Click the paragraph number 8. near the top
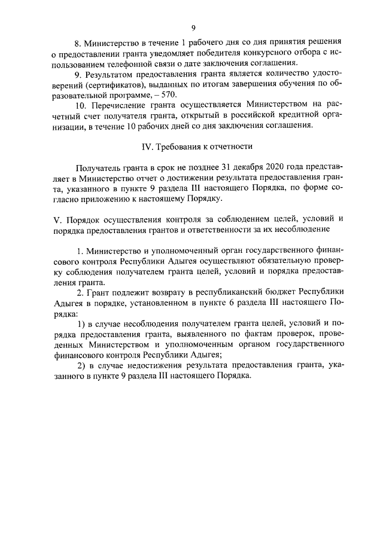[77, 42]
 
